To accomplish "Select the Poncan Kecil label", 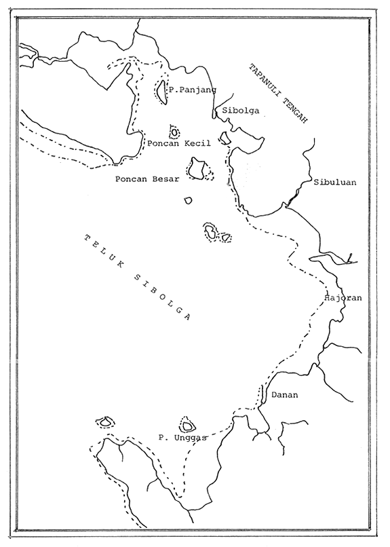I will point(178,143).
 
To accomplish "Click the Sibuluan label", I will point(335,183).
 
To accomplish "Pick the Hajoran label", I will point(344,297).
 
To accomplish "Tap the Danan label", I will point(284,394).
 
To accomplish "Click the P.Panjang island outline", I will point(161,91).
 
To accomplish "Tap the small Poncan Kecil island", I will point(174,131).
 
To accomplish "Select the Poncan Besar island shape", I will point(198,168).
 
